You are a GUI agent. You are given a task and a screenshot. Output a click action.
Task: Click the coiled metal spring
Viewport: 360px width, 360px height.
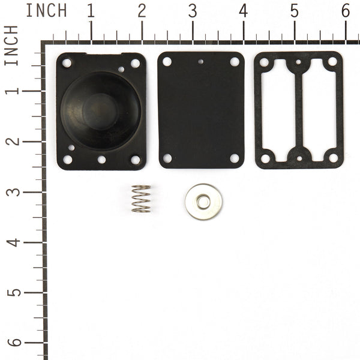tap(141, 199)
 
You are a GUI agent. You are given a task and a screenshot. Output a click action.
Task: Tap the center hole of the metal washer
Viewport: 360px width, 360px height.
tap(203, 202)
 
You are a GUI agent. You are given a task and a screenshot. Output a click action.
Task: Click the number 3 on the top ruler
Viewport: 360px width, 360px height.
tap(193, 11)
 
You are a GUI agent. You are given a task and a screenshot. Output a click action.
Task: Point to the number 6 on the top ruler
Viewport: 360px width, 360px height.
tap(346, 11)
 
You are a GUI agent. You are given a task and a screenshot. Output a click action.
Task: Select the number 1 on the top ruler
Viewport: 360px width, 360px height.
tap(91, 11)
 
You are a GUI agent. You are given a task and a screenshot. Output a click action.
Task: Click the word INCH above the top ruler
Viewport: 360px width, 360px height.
tap(47, 11)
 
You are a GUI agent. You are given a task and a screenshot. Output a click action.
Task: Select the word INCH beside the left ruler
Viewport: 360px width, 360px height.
tap(12, 46)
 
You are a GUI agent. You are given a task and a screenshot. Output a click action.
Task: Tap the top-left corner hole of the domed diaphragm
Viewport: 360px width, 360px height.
tap(67, 63)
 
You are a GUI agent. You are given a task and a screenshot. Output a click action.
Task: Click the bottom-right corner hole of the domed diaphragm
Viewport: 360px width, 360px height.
tap(136, 160)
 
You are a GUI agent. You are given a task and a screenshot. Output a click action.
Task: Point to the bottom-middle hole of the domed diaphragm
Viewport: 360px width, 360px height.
tap(101, 160)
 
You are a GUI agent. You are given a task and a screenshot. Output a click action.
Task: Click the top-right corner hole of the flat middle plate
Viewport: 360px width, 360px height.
tap(235, 62)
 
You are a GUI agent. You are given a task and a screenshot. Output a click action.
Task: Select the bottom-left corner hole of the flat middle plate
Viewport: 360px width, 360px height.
tap(167, 158)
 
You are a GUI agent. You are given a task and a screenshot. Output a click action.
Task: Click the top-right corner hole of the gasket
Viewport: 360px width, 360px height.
tap(332, 62)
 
